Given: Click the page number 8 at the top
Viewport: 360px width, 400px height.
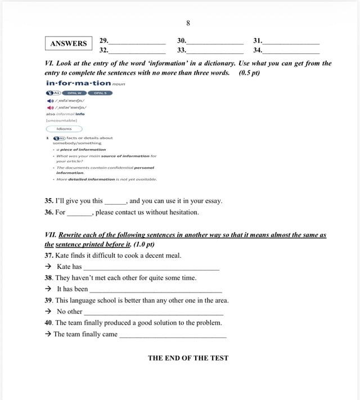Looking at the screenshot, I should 188,24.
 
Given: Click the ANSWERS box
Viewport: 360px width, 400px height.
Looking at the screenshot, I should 69,43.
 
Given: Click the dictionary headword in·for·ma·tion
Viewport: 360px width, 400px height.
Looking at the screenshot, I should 78,83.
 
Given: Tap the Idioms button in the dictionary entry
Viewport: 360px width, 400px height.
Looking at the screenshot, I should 64,129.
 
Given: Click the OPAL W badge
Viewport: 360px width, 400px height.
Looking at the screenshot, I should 73,92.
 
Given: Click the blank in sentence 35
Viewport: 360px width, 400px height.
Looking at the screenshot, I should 116,201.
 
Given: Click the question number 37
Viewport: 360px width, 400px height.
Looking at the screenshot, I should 48,255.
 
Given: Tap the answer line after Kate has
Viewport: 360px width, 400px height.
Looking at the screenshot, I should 151,268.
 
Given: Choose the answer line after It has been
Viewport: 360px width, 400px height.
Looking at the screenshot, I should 155,290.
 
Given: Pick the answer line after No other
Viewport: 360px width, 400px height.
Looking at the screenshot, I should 153,313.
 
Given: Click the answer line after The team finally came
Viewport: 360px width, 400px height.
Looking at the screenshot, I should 173,335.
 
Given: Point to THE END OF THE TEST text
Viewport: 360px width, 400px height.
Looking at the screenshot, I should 188,358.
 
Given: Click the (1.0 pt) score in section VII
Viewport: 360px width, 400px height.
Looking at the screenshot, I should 144,244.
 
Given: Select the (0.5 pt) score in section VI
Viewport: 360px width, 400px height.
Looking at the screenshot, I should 249,73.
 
